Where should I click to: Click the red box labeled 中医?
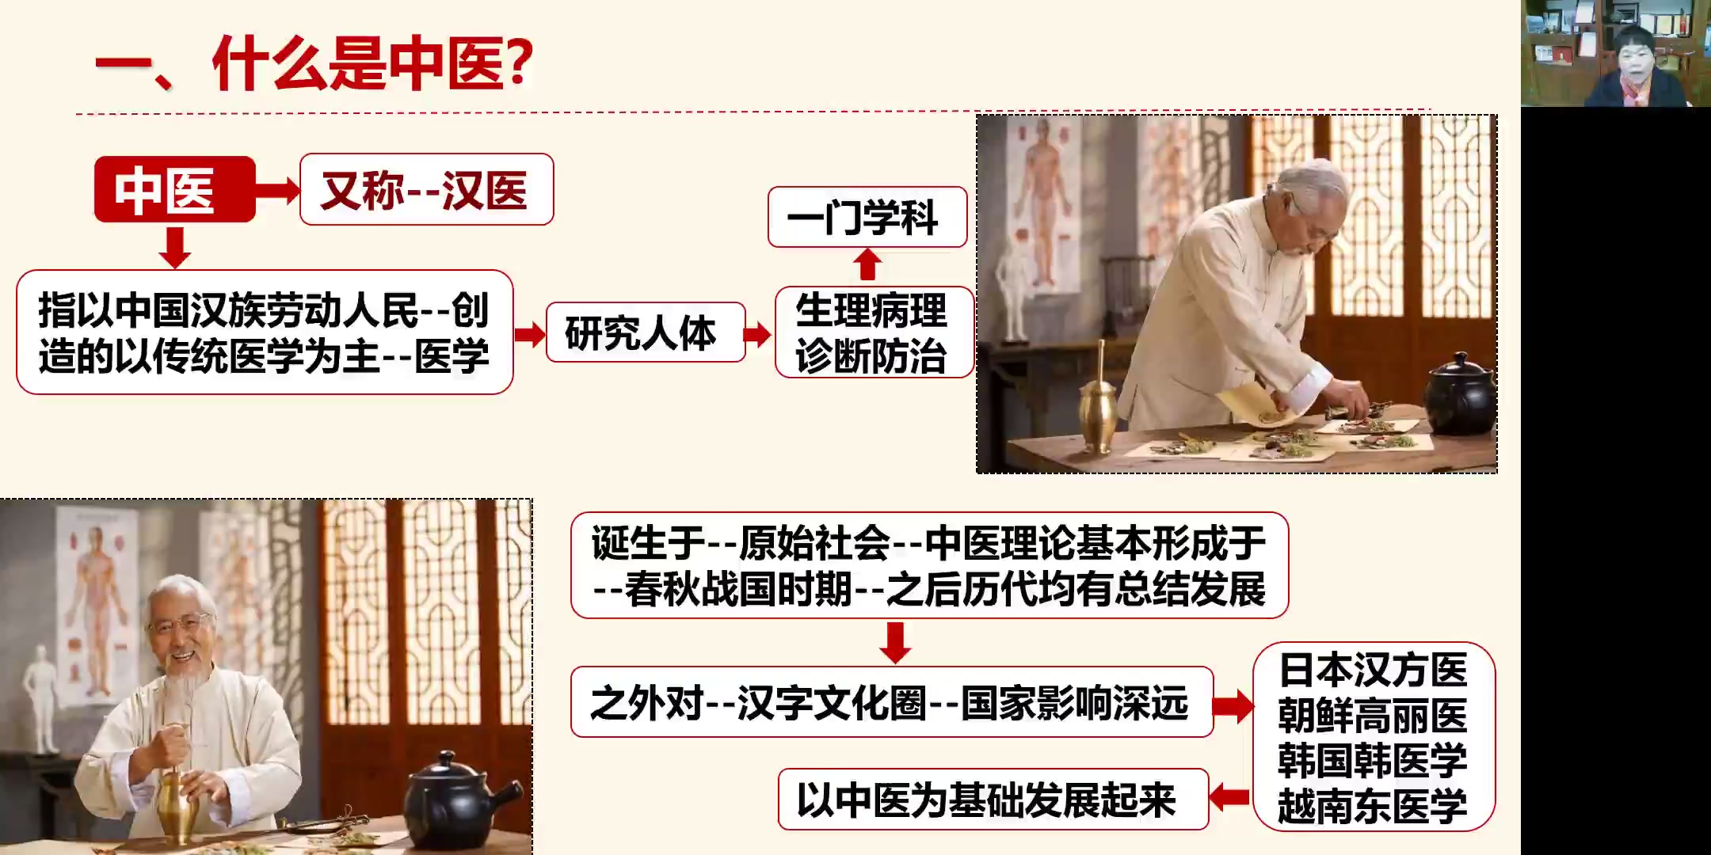174,189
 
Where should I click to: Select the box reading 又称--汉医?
426,189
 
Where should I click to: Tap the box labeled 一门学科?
867,217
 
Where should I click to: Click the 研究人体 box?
645,332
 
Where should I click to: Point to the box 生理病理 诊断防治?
874,332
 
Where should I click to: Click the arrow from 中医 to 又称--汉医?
277,190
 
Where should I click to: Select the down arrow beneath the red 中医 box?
174,247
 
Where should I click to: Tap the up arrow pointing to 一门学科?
868,264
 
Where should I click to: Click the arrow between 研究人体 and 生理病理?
758,334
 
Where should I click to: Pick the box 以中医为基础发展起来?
993,799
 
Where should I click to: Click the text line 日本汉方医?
1373,670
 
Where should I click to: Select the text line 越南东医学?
1373,806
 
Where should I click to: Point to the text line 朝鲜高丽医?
1373,716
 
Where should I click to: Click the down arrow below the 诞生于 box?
895,642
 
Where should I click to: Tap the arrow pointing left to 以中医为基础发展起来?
1230,796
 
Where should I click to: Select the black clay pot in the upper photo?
1459,393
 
